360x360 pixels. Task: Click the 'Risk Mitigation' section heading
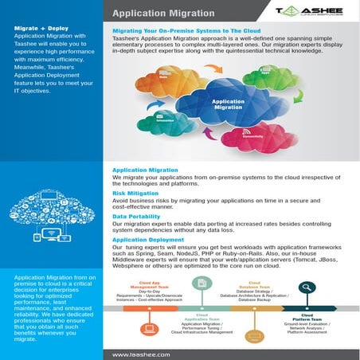point(137,194)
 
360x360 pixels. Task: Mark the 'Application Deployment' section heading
point(149,239)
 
